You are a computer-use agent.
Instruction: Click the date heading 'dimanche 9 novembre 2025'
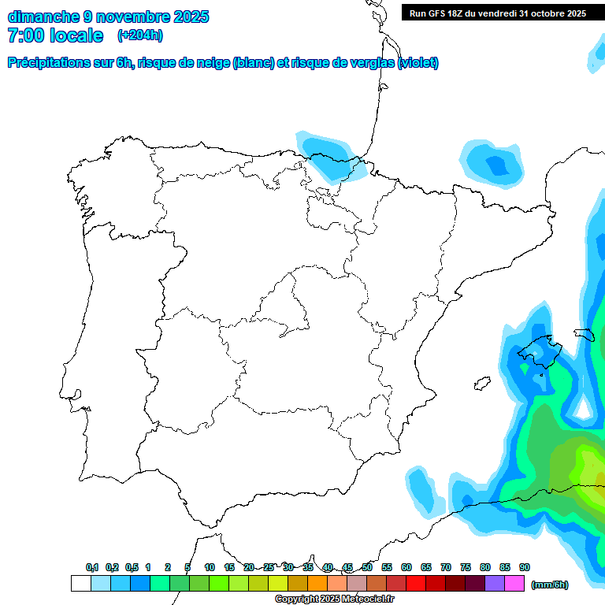(108, 17)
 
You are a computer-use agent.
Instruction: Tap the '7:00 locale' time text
(55, 35)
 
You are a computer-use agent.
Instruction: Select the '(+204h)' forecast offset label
(139, 35)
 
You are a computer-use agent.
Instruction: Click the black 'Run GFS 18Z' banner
(497, 13)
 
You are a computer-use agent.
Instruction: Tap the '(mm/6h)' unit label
(550, 585)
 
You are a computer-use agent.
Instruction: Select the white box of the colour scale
(80, 584)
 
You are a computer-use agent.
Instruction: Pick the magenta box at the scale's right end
(514, 584)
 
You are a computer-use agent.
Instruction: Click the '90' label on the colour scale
(525, 567)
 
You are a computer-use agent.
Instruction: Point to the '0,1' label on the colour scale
(92, 567)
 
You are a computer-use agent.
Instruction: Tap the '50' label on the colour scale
(367, 567)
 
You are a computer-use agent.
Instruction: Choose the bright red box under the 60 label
(416, 584)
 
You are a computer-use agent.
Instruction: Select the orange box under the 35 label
(317, 584)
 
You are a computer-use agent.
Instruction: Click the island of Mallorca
(537, 351)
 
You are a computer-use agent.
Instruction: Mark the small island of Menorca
(584, 334)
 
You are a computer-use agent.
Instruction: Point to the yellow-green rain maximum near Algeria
(586, 465)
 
